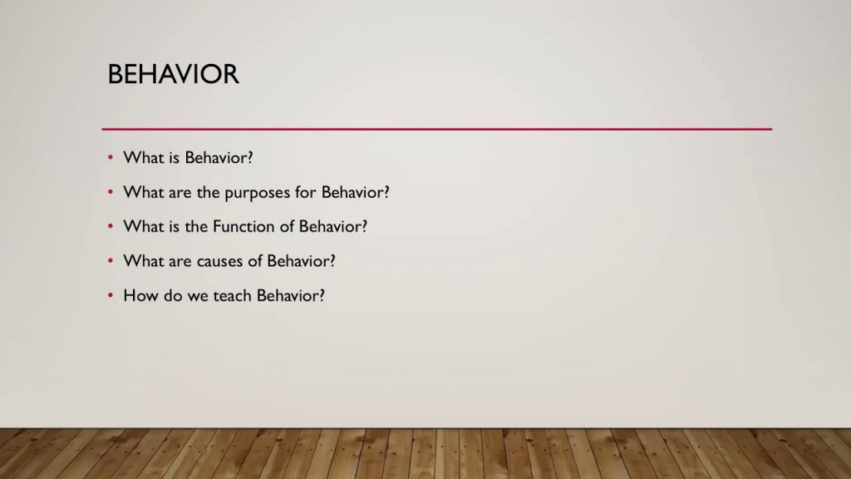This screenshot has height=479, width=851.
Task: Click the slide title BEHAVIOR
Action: tap(173, 74)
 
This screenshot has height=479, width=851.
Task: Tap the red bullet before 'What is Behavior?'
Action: tap(111, 157)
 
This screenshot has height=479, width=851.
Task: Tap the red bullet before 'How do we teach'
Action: tap(111, 295)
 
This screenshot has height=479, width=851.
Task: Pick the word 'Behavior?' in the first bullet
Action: tap(219, 157)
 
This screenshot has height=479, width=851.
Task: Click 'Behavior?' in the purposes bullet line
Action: tap(356, 192)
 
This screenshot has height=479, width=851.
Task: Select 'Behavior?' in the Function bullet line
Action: tap(333, 226)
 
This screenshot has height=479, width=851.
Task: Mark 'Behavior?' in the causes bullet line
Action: tap(301, 261)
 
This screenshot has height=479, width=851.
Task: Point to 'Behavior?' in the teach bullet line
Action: tap(291, 295)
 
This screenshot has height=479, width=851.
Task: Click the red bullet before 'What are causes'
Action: tap(111, 261)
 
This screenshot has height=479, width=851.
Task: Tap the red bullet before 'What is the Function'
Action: tap(111, 226)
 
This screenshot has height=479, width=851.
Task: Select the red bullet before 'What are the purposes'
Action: tap(111, 192)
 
